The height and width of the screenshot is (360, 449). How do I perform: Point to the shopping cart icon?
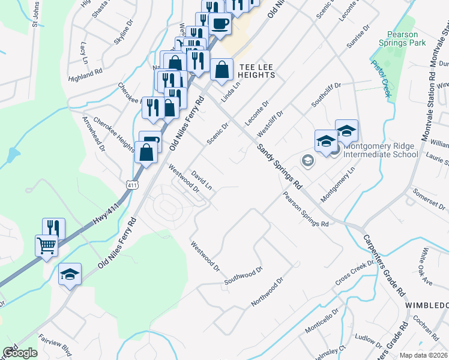pyautogui.click(x=47, y=245)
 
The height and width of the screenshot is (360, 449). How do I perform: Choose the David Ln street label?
pyautogui.click(x=202, y=180)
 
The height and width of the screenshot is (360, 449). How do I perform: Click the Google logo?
pyautogui.click(x=19, y=353)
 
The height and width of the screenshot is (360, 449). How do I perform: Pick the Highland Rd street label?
pyautogui.click(x=85, y=74)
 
